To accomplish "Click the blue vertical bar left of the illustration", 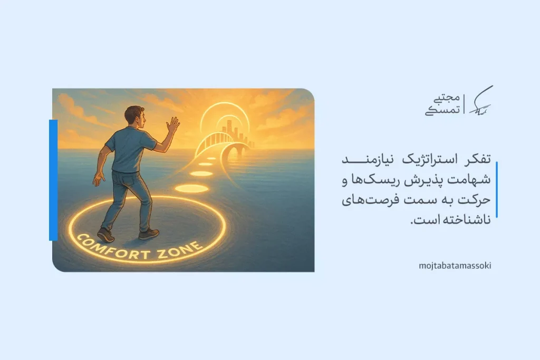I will tap(53, 180).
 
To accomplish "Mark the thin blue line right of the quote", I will tap(496, 190).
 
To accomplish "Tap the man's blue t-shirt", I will tap(129, 150).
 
